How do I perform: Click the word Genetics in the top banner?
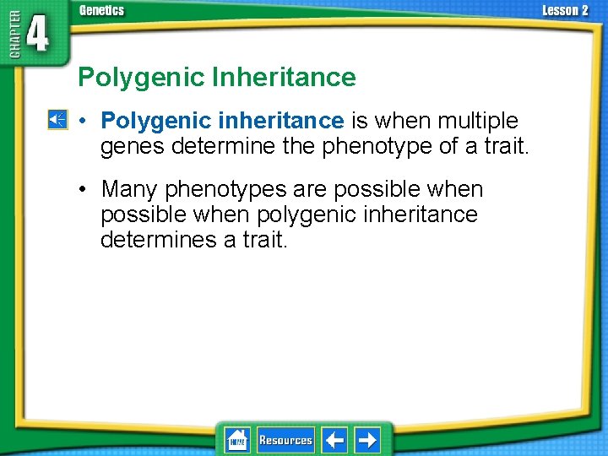coord(101,11)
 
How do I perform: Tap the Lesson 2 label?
coord(565,11)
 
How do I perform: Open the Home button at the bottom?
coord(236,440)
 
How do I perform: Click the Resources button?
coord(285,440)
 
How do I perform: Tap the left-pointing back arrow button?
coord(334,440)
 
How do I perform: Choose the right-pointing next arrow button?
coord(366,440)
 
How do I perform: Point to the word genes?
coord(133,147)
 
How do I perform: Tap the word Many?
coord(128,189)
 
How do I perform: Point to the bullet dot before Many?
coord(85,189)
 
